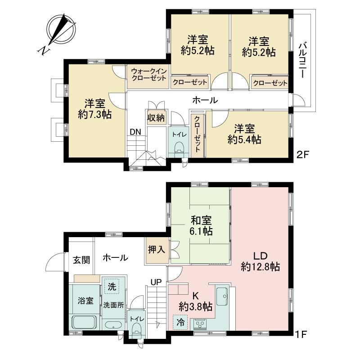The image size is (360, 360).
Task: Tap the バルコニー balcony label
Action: tap(302, 60)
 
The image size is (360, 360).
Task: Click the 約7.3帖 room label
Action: tap(95, 114)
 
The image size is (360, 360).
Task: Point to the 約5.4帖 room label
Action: tap(244, 139)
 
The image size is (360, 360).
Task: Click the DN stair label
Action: tap(135, 132)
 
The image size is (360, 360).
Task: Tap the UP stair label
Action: tap(156, 282)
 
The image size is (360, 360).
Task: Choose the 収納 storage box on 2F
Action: tap(156, 118)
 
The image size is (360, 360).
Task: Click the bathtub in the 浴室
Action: tap(84, 323)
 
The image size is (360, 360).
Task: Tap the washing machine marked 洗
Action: tap(112, 286)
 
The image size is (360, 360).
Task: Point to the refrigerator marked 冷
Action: tap(180, 322)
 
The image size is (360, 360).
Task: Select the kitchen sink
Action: tap(221, 296)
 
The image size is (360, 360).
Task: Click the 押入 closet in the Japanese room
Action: tap(157, 250)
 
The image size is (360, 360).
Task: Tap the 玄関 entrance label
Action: tap(81, 260)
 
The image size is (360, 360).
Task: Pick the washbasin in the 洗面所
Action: tap(113, 325)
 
